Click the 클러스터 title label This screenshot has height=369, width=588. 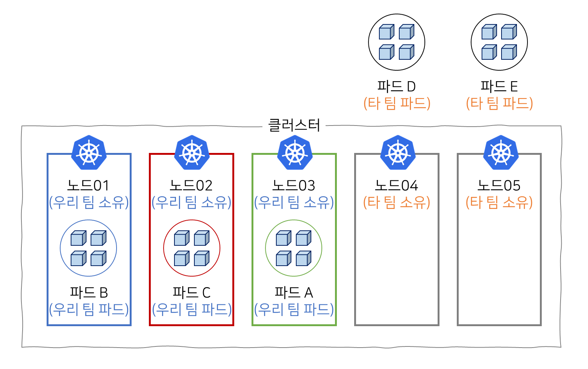[x=294, y=126]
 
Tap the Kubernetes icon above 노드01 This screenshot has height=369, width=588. [x=89, y=153]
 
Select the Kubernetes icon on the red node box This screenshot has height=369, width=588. [x=192, y=153]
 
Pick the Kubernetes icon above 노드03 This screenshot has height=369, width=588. [x=295, y=153]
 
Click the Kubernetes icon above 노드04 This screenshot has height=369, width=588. [x=398, y=153]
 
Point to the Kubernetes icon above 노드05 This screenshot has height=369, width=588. [x=501, y=153]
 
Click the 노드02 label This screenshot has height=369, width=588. [x=191, y=185]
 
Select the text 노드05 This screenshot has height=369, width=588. [x=499, y=185]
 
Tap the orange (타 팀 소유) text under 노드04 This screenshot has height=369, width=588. [x=397, y=203]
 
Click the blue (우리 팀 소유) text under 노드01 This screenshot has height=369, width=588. [x=89, y=203]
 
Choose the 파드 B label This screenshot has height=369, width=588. [x=89, y=292]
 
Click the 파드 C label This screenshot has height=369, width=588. [x=191, y=292]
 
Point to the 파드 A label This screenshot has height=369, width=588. [x=294, y=292]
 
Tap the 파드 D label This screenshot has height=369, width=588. [x=397, y=86]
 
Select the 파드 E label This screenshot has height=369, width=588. [x=499, y=86]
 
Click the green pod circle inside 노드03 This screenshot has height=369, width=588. [x=294, y=248]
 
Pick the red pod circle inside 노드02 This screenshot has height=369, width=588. [x=192, y=248]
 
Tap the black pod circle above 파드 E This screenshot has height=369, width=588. [x=499, y=42]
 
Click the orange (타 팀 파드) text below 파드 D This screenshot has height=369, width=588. [x=397, y=103]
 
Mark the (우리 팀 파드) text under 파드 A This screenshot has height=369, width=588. [x=294, y=309]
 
